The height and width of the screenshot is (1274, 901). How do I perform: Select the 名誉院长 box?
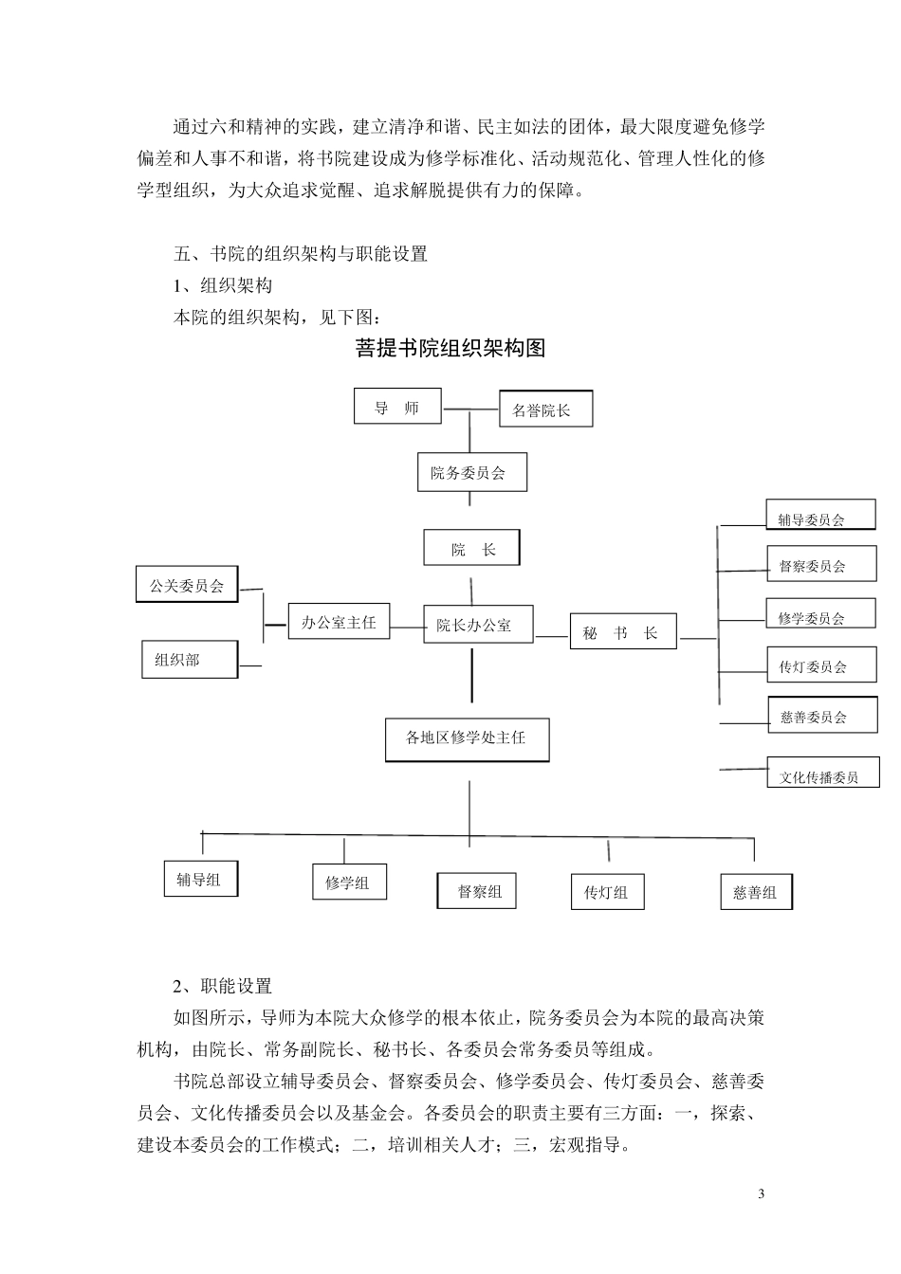[545, 409]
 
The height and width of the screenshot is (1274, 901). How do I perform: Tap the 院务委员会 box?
[471, 472]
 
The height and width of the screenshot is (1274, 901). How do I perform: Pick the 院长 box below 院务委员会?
[471, 548]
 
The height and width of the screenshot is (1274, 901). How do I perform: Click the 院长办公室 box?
[477, 625]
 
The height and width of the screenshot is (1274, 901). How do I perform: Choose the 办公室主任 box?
[339, 622]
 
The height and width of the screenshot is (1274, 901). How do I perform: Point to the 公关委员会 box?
[186, 585]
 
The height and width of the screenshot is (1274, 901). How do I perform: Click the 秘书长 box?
[622, 632]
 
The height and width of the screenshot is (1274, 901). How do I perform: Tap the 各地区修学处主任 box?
[468, 737]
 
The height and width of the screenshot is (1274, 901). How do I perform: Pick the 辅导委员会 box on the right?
[819, 517]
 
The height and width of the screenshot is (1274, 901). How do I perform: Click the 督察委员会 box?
[819, 566]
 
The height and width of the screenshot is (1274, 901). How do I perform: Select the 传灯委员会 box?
[820, 665]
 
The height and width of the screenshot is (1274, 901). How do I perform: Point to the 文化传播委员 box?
[822, 774]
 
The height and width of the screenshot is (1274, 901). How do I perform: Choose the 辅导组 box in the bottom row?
[200, 879]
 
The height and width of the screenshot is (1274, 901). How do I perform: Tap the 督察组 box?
[477, 891]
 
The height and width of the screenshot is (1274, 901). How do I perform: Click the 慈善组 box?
[756, 892]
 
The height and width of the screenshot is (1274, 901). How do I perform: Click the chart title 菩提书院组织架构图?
[450, 348]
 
